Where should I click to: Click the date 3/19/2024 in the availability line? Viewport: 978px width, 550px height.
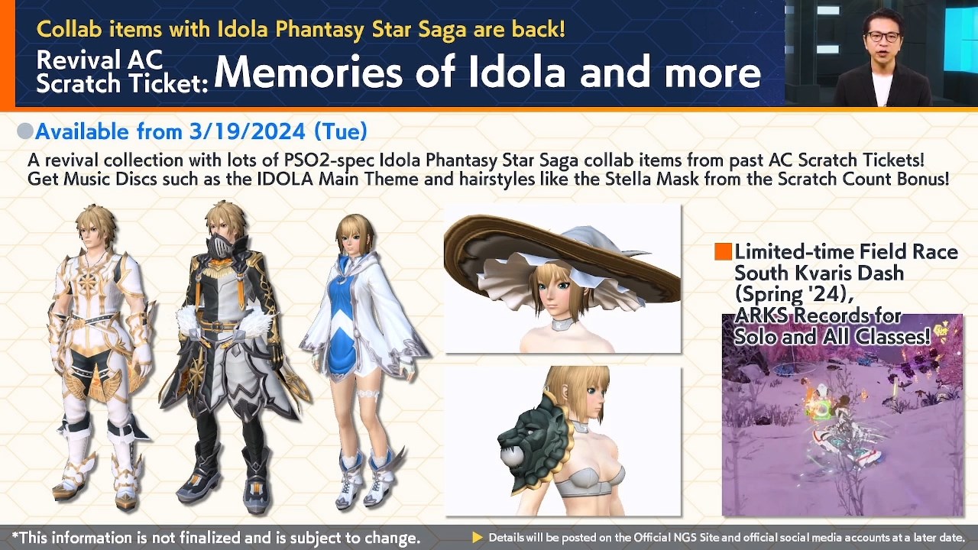(248, 131)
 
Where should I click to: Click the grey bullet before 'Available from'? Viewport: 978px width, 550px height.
(25, 131)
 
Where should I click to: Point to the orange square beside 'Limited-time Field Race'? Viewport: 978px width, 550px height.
(723, 252)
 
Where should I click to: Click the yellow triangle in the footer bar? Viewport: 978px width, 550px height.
(478, 538)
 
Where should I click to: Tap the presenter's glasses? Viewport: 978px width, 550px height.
(882, 36)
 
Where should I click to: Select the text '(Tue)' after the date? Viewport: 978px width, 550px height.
(340, 131)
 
